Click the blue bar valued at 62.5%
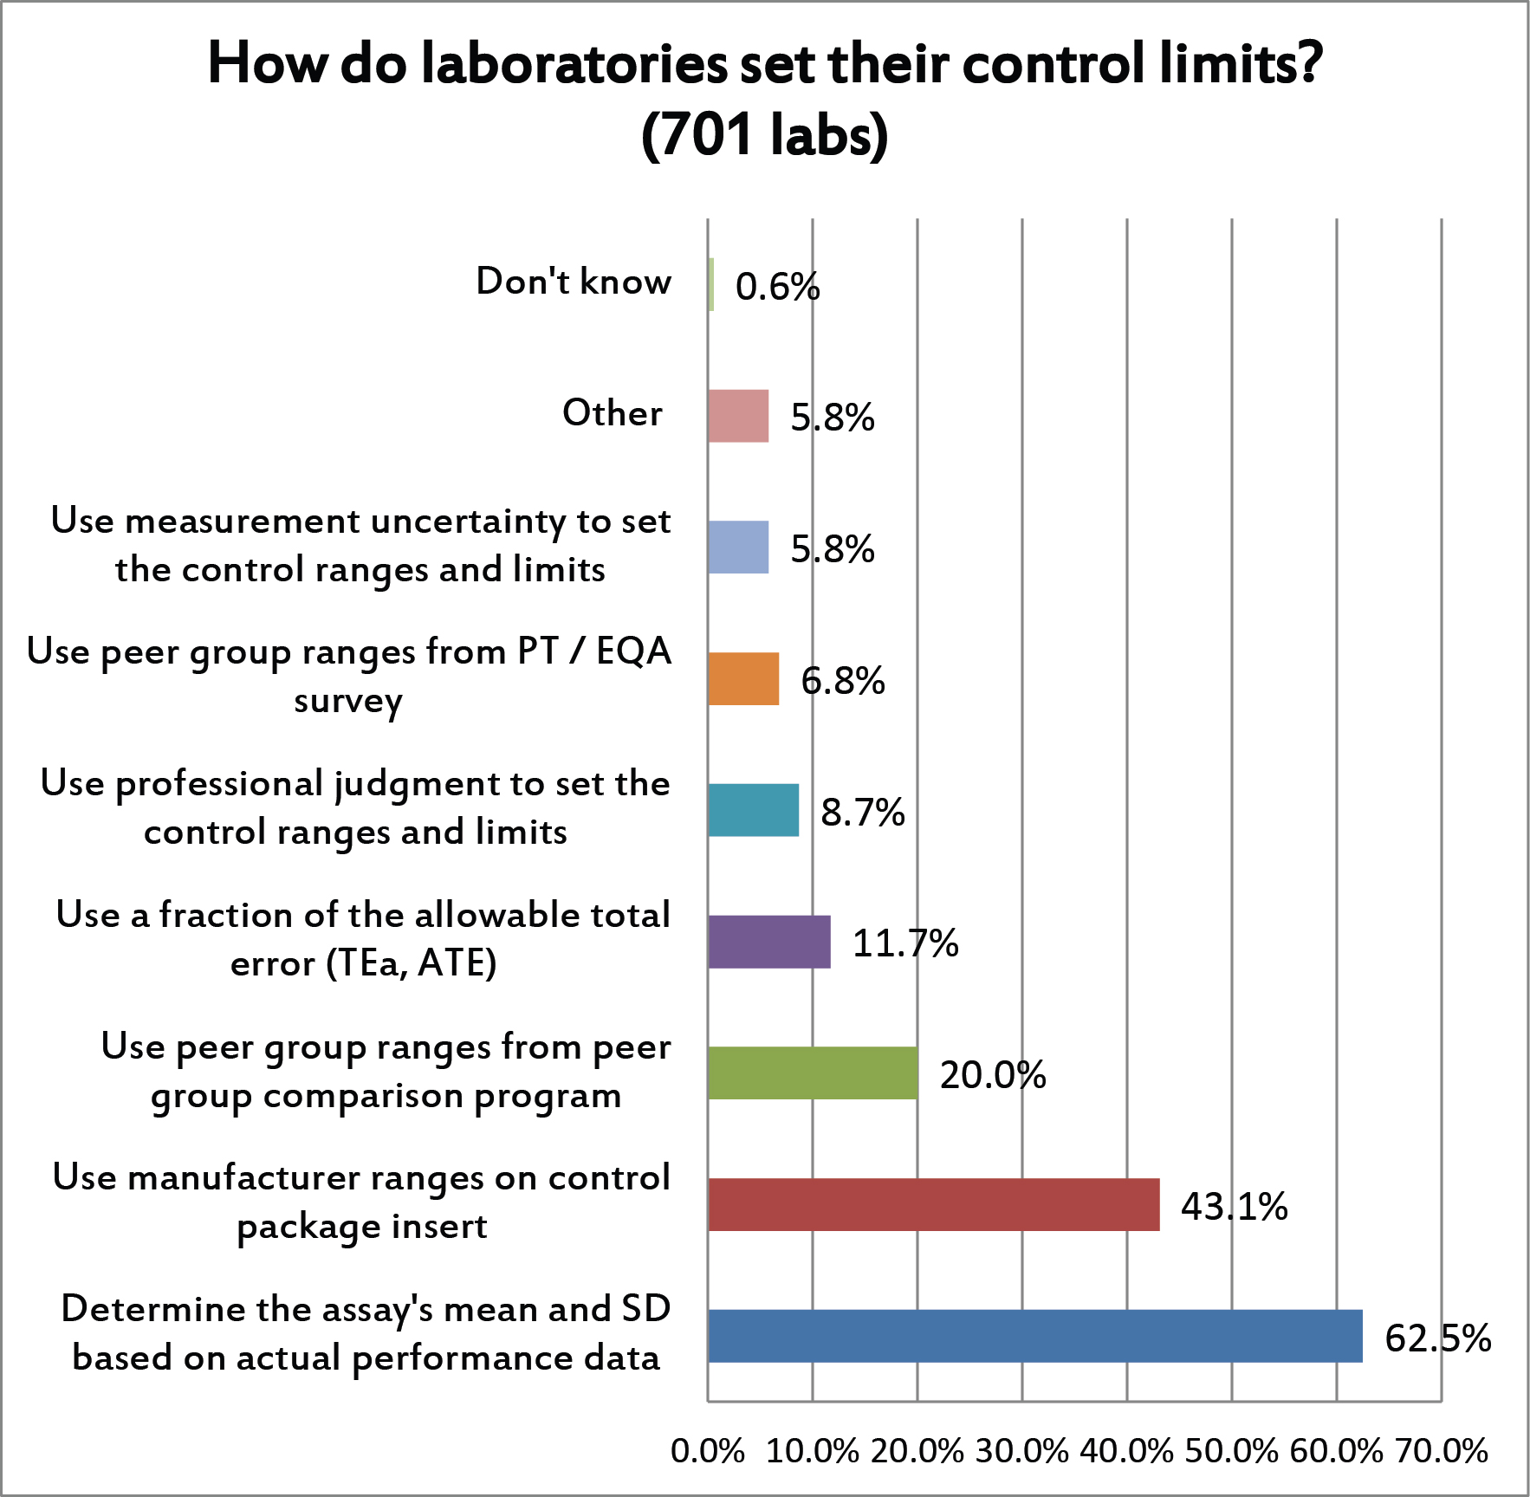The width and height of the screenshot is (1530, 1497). point(1034,1336)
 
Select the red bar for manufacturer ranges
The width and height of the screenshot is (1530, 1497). point(933,1204)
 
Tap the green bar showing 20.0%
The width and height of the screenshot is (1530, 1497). point(813,1073)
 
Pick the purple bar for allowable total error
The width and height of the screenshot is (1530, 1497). point(769,942)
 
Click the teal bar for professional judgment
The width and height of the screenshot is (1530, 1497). point(753,810)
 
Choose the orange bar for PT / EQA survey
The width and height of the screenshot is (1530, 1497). point(743,678)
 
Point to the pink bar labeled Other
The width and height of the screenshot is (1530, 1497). point(738,416)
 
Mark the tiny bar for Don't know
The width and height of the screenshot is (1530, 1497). point(711,284)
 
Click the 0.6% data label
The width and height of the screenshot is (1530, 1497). point(777,287)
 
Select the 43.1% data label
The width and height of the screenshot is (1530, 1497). point(1234,1206)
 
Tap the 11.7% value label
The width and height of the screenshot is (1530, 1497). point(905,943)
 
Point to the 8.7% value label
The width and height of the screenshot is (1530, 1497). point(863,812)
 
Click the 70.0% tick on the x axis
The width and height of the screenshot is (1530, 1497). point(1441,1450)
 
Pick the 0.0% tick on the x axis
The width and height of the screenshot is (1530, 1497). point(708,1450)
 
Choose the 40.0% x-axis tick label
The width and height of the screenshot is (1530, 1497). point(1126,1450)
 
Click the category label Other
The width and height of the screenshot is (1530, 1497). point(613,412)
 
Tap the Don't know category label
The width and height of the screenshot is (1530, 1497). point(574,282)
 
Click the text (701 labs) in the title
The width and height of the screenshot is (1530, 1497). point(765,136)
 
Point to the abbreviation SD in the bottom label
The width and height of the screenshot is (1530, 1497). point(646,1308)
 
